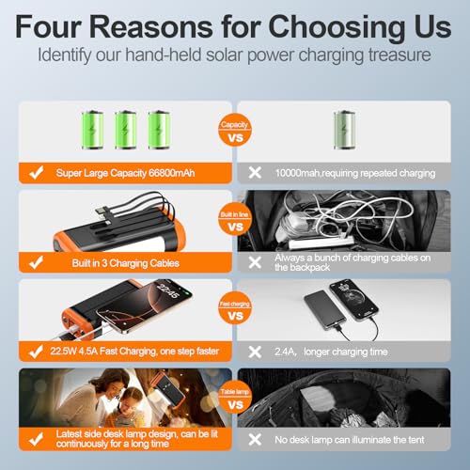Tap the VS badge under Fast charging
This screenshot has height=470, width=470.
pos(235,316)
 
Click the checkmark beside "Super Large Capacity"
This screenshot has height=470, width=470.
pos(38,174)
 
